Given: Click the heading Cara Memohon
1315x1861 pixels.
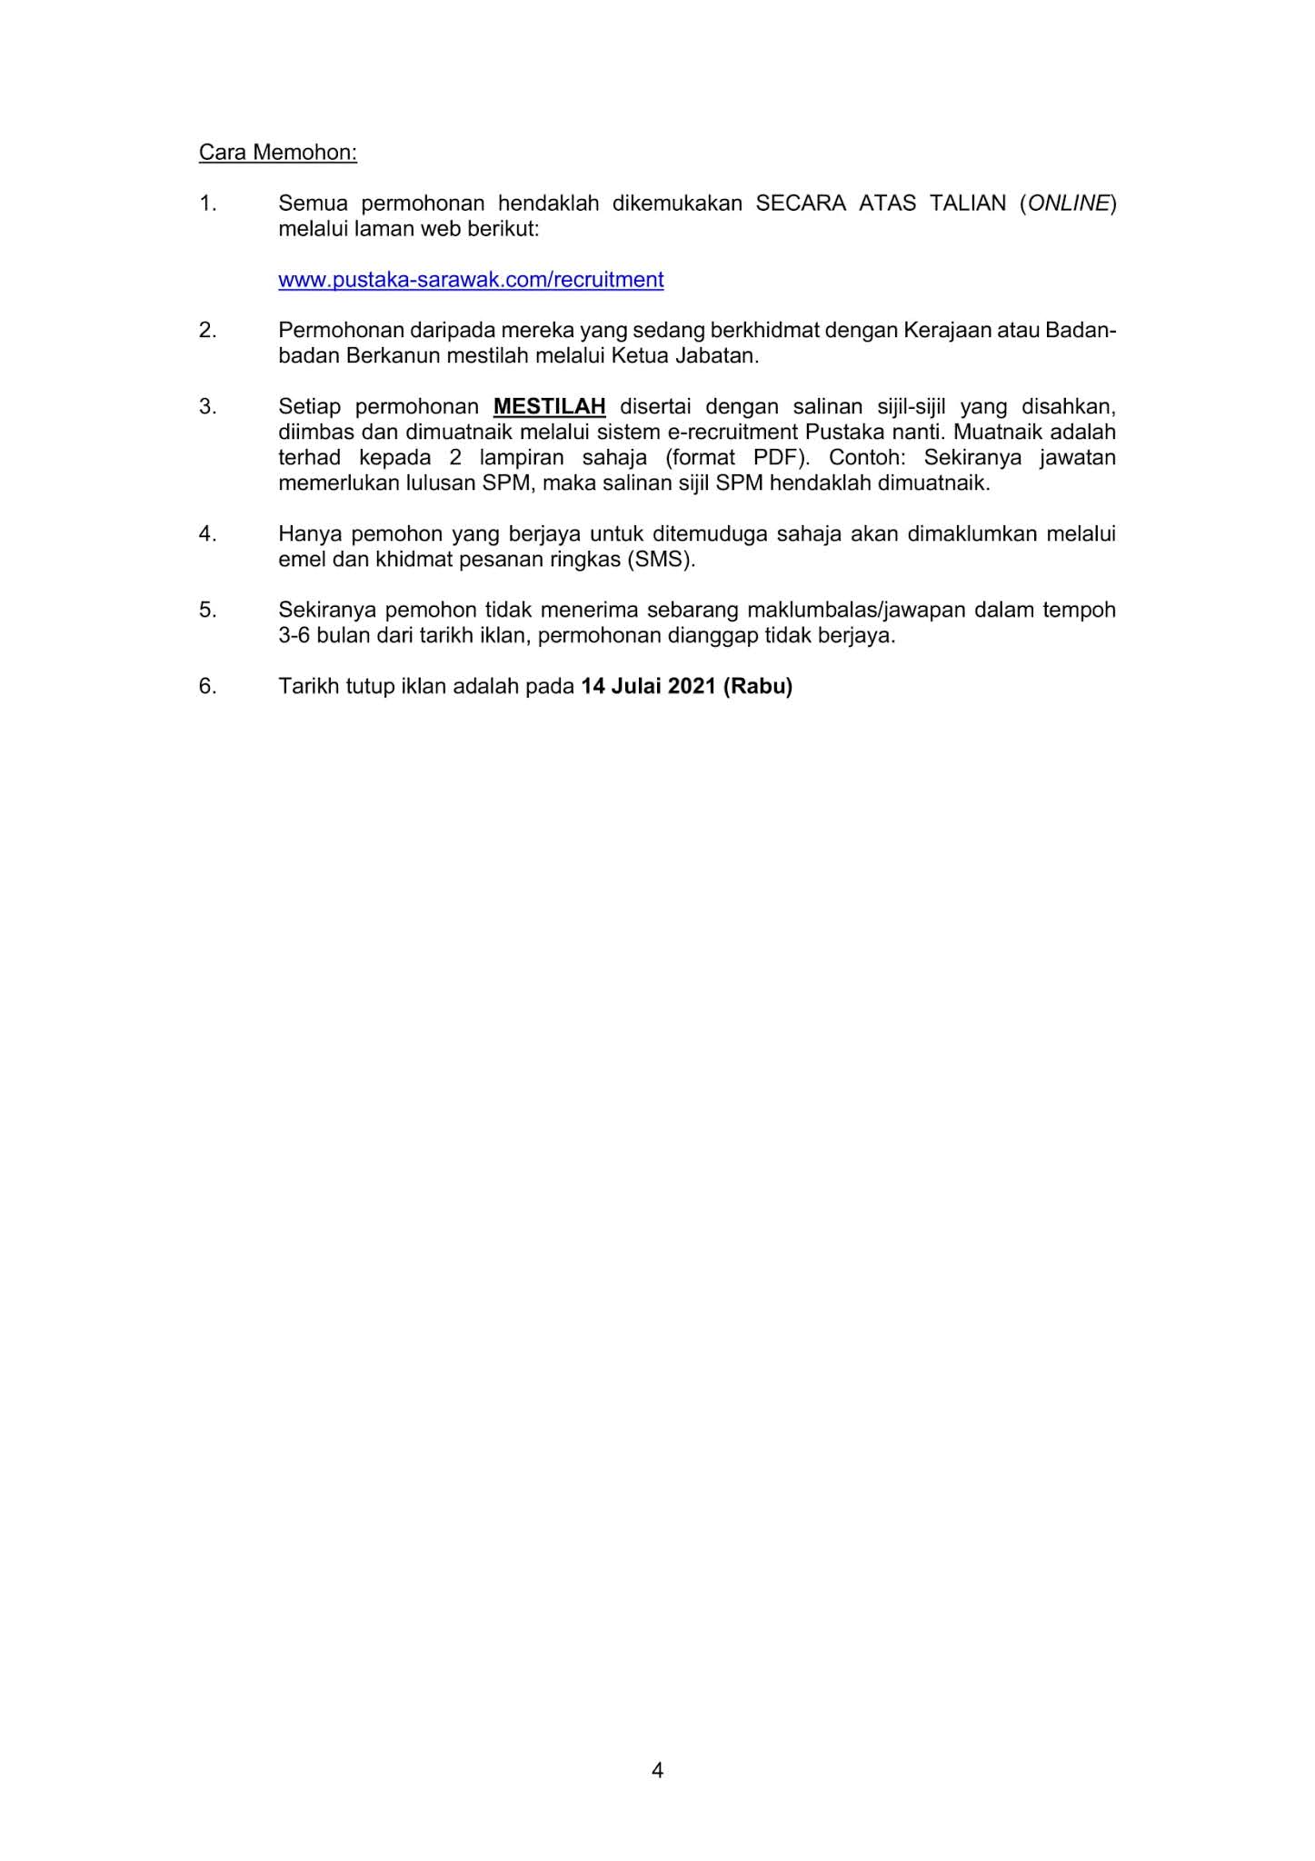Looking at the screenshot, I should (277, 153).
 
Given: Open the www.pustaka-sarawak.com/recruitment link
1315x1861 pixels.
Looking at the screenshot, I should (471, 280).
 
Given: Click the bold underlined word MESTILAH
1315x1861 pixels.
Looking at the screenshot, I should (549, 406).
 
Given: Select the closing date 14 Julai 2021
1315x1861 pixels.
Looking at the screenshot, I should (649, 686).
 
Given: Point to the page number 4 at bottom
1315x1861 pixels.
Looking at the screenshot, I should (657, 1769).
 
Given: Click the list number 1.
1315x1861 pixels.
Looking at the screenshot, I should (207, 204).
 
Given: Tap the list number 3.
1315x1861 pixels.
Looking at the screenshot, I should (207, 406).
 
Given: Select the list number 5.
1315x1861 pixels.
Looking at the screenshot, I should (207, 610).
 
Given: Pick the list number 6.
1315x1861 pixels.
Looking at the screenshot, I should (207, 686).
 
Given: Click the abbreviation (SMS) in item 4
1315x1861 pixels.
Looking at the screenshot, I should (660, 559).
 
